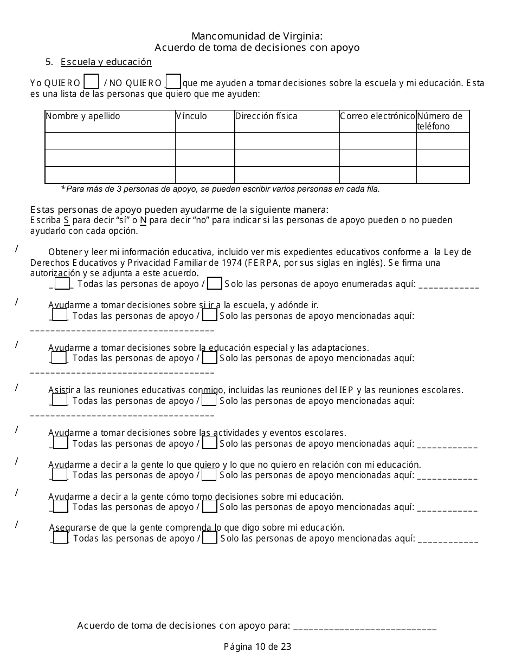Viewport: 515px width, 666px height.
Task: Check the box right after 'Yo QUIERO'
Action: (92, 82)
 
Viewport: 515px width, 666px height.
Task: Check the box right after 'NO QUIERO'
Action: (173, 81)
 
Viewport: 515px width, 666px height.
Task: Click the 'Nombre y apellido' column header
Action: (83, 116)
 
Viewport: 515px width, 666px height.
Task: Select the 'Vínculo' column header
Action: (191, 116)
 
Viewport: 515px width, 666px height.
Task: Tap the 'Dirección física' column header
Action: (266, 116)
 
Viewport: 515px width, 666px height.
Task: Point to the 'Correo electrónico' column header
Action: (377, 116)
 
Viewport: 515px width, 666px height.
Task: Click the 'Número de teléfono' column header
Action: (440, 121)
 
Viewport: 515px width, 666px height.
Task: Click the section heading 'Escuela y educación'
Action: (106, 62)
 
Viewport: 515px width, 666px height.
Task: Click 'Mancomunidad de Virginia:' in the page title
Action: (257, 36)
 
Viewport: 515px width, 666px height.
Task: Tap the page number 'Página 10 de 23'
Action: (257, 647)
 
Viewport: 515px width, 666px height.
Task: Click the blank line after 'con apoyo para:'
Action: (364, 627)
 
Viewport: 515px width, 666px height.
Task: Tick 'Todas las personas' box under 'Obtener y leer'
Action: (62, 284)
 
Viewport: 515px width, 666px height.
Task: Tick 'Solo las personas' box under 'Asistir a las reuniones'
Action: (210, 401)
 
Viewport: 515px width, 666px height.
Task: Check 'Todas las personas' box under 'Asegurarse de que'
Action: (61, 538)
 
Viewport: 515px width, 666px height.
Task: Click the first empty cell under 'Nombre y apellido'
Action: (110, 141)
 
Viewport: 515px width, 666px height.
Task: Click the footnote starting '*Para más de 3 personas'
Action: (220, 189)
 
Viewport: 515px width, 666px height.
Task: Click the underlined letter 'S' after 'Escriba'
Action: (66, 220)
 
